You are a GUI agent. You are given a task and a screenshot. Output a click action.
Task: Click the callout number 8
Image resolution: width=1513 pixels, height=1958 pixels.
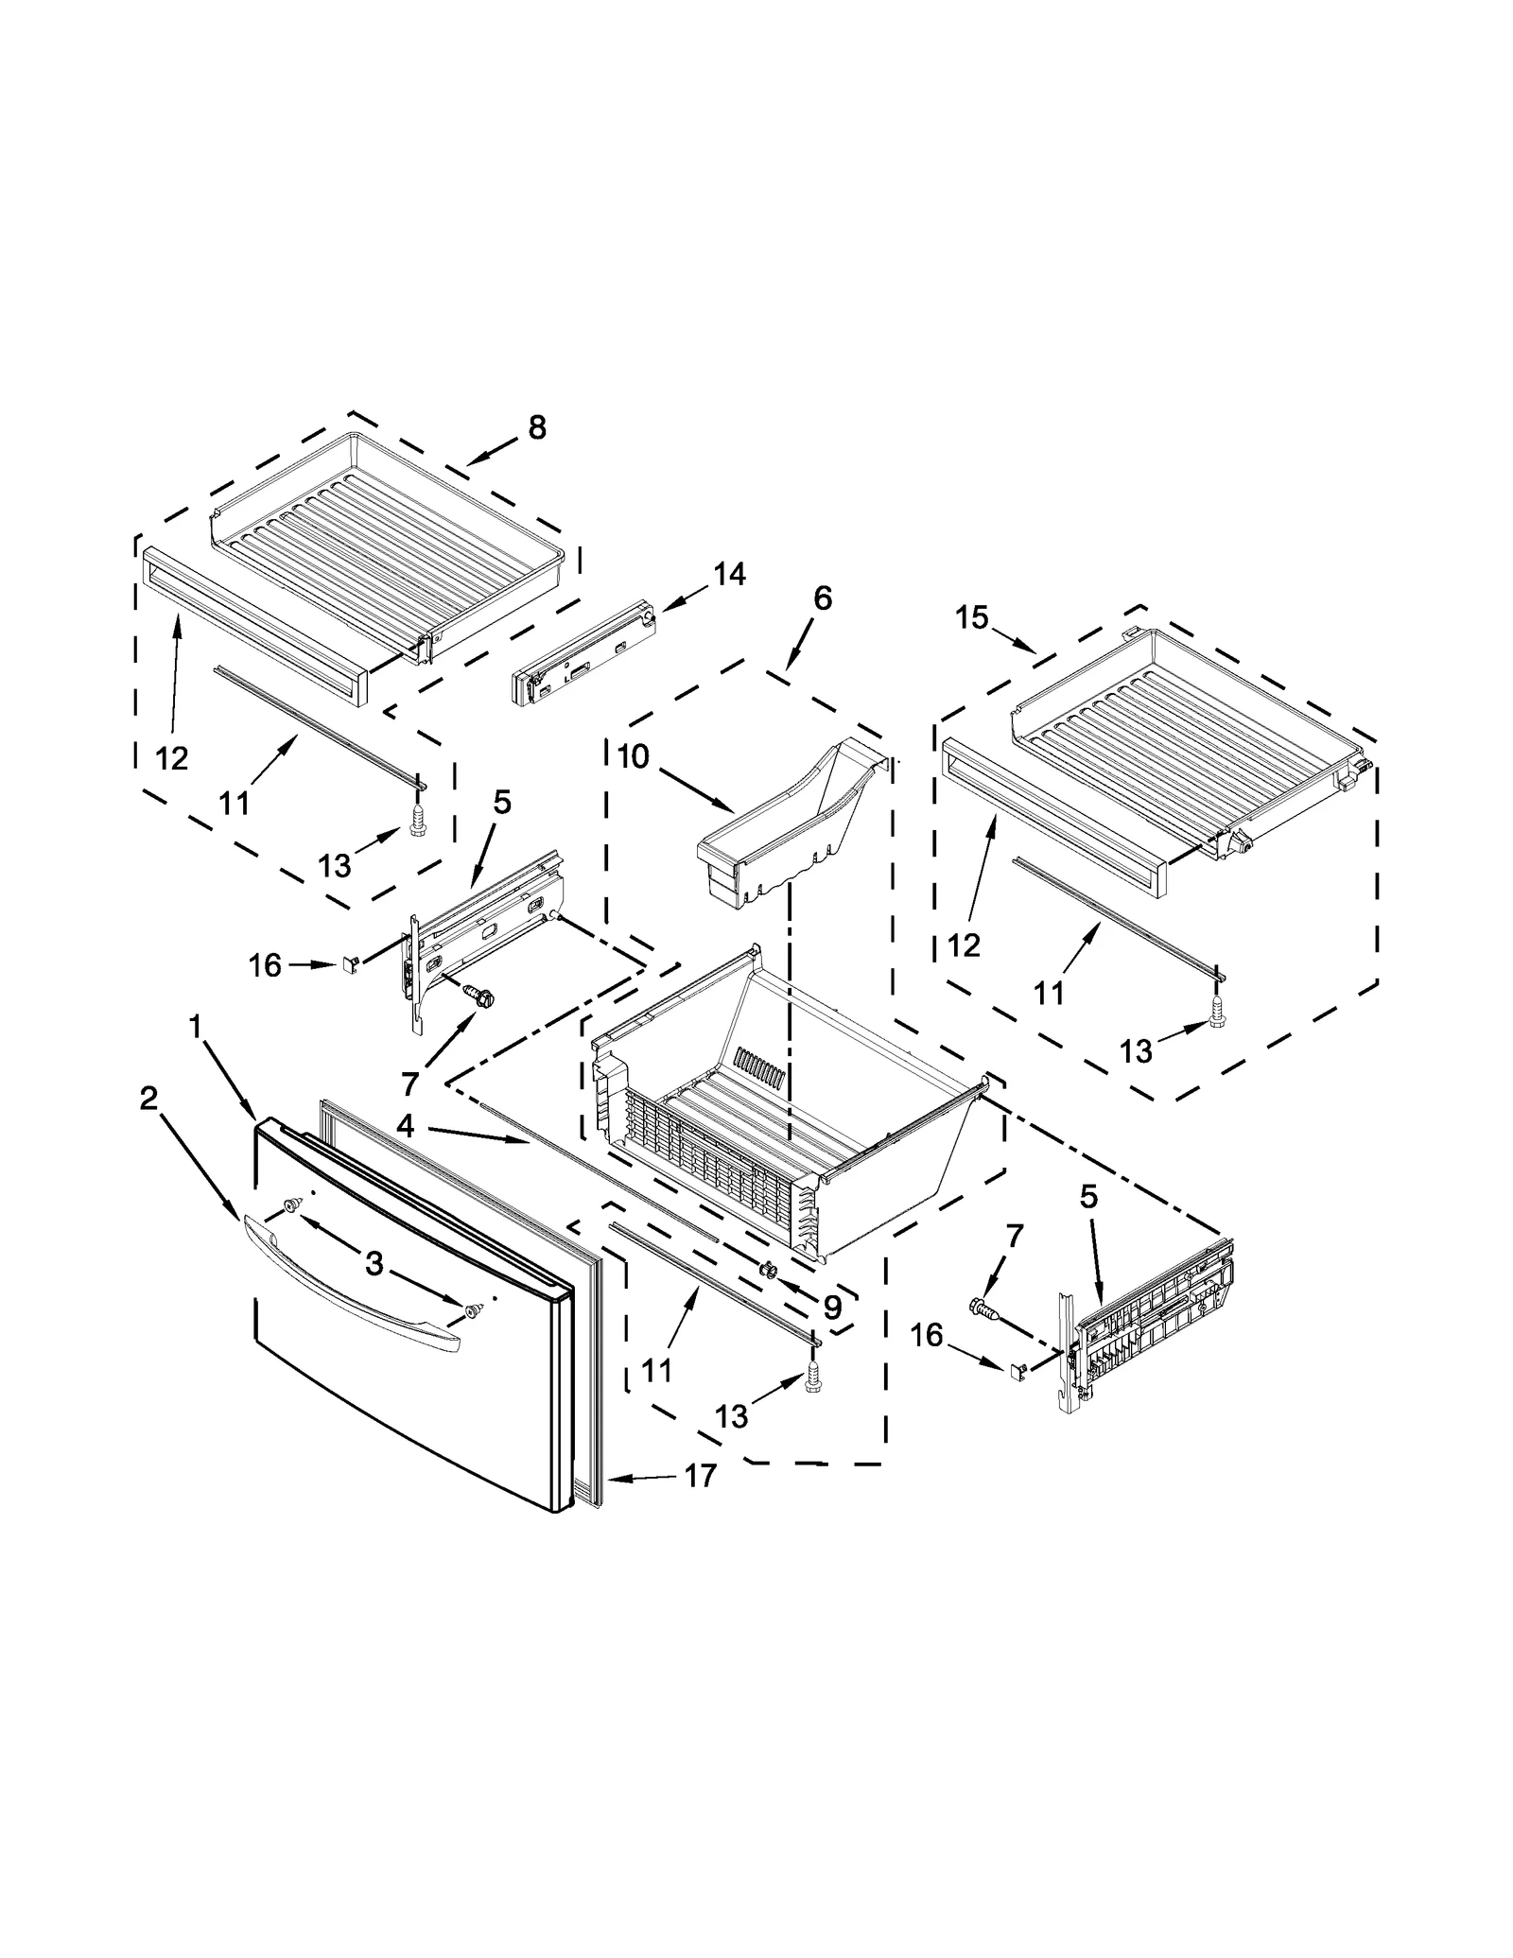[537, 428]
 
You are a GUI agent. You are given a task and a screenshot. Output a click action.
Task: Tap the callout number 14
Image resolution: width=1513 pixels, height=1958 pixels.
[729, 574]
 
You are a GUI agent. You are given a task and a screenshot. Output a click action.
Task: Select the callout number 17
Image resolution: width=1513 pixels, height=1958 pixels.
[700, 1476]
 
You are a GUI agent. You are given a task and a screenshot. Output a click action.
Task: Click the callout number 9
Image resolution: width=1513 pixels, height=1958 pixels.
[831, 1307]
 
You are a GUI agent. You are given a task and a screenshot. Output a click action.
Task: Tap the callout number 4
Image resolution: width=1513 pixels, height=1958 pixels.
[406, 1125]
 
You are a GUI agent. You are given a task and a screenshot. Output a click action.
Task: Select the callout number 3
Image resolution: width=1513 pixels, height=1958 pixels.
[374, 1263]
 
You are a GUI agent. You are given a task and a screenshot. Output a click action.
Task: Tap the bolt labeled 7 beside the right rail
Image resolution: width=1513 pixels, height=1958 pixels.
[983, 1309]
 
